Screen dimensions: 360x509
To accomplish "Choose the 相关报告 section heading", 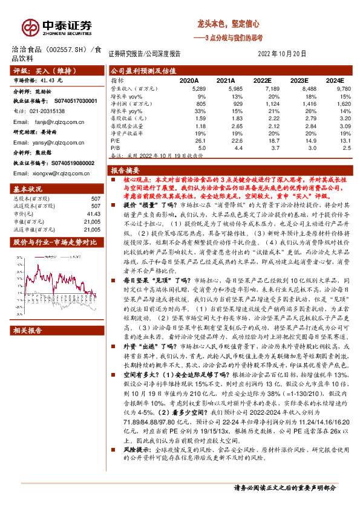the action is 28,331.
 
